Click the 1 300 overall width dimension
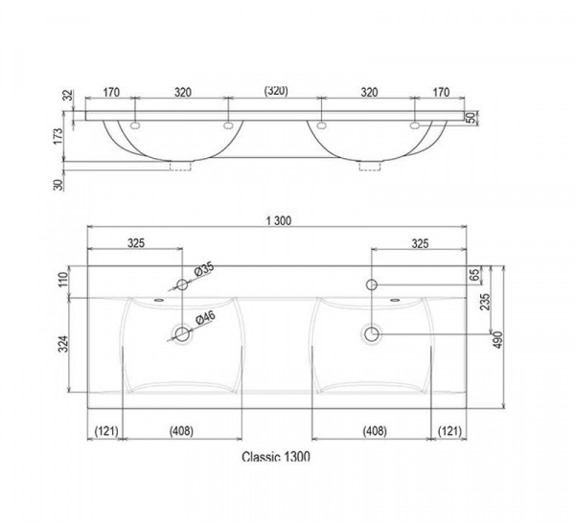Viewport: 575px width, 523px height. pos(279,220)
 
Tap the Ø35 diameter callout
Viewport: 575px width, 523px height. pos(204,270)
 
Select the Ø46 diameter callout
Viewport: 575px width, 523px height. pos(205,318)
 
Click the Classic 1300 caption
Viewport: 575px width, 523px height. pos(276,457)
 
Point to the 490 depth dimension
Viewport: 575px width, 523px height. pos(497,340)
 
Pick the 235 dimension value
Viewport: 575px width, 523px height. pos(485,302)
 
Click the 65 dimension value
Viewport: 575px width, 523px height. pos(474,275)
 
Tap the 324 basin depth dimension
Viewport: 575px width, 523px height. pos(64,344)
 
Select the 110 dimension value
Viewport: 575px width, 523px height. pos(63,280)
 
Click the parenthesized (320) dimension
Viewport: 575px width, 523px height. pos(276,91)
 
